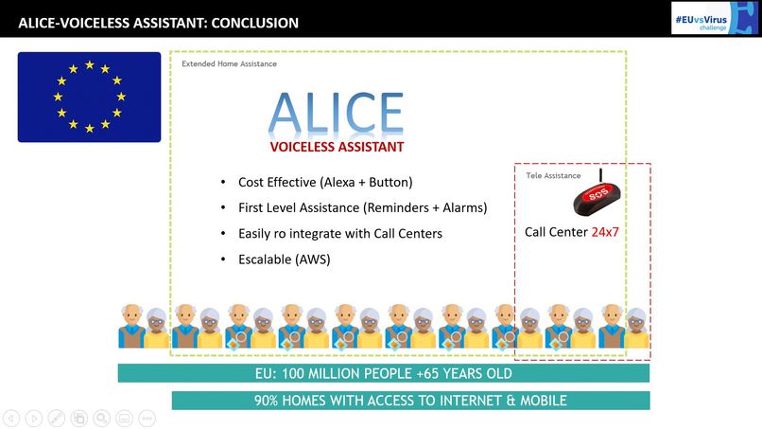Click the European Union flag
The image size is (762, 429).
point(89,97)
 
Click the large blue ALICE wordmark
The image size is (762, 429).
point(337,114)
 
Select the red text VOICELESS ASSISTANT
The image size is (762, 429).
point(337,147)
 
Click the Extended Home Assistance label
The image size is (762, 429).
point(230,63)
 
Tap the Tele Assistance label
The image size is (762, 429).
point(553,175)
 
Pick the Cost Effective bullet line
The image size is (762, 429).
point(325,182)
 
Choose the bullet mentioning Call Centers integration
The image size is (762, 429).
point(339,233)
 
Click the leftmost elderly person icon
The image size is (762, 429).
point(130,326)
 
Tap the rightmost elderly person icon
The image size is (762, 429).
point(637,327)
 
